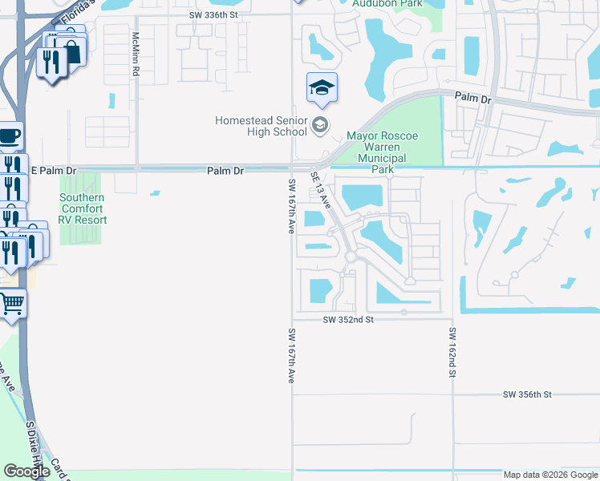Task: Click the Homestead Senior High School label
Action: (x=261, y=126)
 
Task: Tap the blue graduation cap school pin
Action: (x=322, y=88)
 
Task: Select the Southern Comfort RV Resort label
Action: (x=82, y=208)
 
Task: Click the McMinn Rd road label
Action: (x=136, y=55)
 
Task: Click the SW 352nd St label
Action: (x=349, y=319)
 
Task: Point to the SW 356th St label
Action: (x=528, y=394)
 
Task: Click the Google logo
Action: (x=26, y=471)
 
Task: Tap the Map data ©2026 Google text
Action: (x=549, y=475)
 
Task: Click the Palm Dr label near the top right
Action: (x=472, y=98)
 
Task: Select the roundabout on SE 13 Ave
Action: (x=351, y=257)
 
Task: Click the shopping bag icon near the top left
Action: (x=73, y=52)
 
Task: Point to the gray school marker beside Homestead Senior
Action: (x=320, y=124)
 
